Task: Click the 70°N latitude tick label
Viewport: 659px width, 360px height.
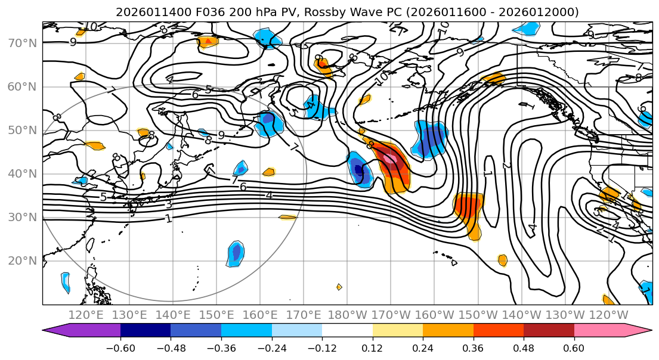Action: (21, 44)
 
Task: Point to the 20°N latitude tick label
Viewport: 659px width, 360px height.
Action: (21, 261)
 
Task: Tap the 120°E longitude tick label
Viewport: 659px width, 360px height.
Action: (86, 315)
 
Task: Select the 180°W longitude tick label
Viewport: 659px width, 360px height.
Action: (348, 315)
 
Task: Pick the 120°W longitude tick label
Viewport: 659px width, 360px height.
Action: (609, 315)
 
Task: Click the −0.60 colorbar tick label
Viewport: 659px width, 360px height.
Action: (120, 347)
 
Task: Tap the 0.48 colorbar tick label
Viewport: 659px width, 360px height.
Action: (524, 347)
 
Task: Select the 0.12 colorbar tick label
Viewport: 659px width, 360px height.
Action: (373, 347)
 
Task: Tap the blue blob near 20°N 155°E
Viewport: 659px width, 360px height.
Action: (236, 253)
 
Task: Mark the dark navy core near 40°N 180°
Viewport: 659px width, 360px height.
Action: (358, 169)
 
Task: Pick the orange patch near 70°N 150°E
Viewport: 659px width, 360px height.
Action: (208, 41)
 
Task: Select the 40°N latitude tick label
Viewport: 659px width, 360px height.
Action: (21, 174)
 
